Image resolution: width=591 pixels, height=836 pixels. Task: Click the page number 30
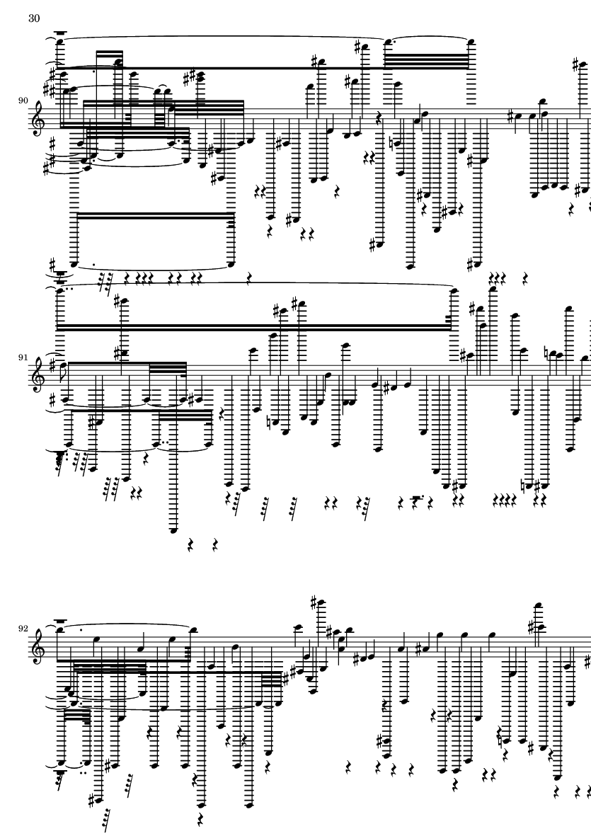[34, 18]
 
